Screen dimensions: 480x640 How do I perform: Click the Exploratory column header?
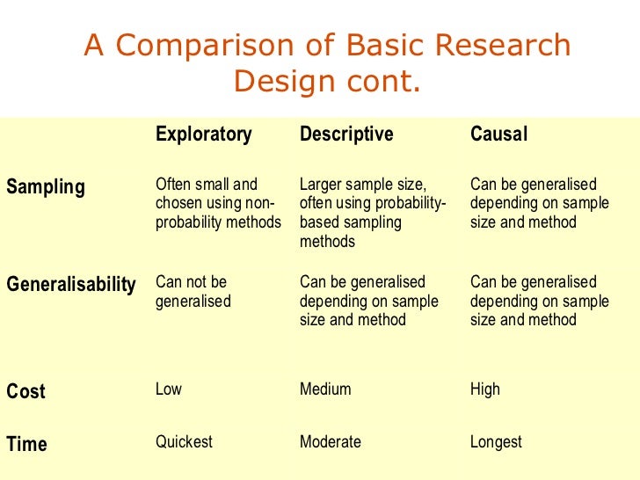[x=203, y=135]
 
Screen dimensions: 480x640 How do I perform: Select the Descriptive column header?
[x=346, y=135]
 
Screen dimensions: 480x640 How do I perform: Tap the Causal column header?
[x=498, y=135]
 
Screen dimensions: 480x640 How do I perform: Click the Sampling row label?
[x=46, y=187]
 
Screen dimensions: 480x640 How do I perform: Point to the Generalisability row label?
[x=71, y=285]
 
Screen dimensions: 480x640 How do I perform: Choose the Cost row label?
[x=25, y=392]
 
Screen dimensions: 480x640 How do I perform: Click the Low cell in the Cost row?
[x=169, y=389]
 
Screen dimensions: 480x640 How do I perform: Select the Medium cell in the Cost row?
[x=325, y=389]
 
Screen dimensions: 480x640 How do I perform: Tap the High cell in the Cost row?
[x=484, y=389]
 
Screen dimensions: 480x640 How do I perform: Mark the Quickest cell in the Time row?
[x=184, y=442]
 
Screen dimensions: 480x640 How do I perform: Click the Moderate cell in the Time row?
[x=330, y=442]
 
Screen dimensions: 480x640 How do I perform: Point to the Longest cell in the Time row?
[x=496, y=442]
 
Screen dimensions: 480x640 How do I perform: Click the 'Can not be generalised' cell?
[x=193, y=292]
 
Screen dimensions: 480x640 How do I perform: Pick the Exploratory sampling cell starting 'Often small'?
[x=218, y=204]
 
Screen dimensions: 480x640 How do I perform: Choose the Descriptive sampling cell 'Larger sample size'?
[x=373, y=213]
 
